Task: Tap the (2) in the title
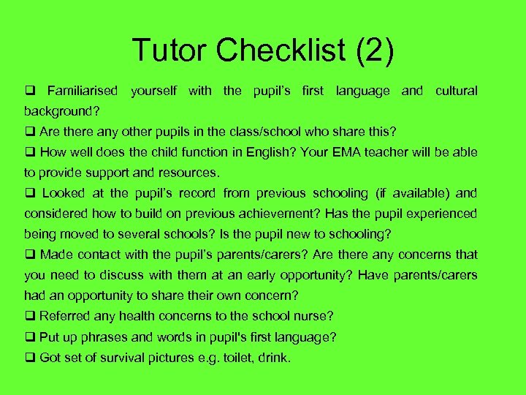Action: point(373,50)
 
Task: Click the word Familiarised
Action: point(82,91)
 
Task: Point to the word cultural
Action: point(456,91)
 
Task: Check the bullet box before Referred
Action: point(30,317)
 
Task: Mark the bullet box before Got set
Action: point(30,358)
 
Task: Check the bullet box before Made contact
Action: point(30,255)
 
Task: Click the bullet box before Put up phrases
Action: point(30,338)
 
